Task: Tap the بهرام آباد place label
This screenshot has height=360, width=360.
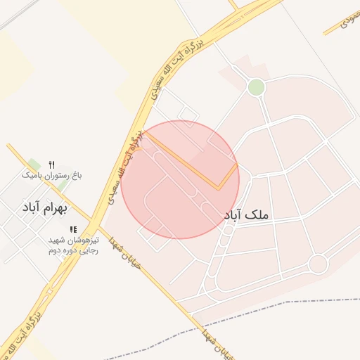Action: pyautogui.click(x=44, y=208)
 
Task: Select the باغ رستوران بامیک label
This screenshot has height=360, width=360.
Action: pyautogui.click(x=52, y=174)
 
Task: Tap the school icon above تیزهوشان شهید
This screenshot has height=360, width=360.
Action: pyautogui.click(x=73, y=230)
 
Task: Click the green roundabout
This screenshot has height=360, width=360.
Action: pyautogui.click(x=256, y=87)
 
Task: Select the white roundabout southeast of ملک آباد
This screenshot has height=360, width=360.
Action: pyautogui.click(x=318, y=264)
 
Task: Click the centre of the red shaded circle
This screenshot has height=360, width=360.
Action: pyautogui.click(x=180, y=179)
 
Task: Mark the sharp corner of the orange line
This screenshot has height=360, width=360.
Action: pyautogui.click(x=218, y=188)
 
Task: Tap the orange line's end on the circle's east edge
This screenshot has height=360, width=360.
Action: pyautogui.click(x=237, y=165)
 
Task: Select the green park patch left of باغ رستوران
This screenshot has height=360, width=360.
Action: pyautogui.click(x=34, y=165)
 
